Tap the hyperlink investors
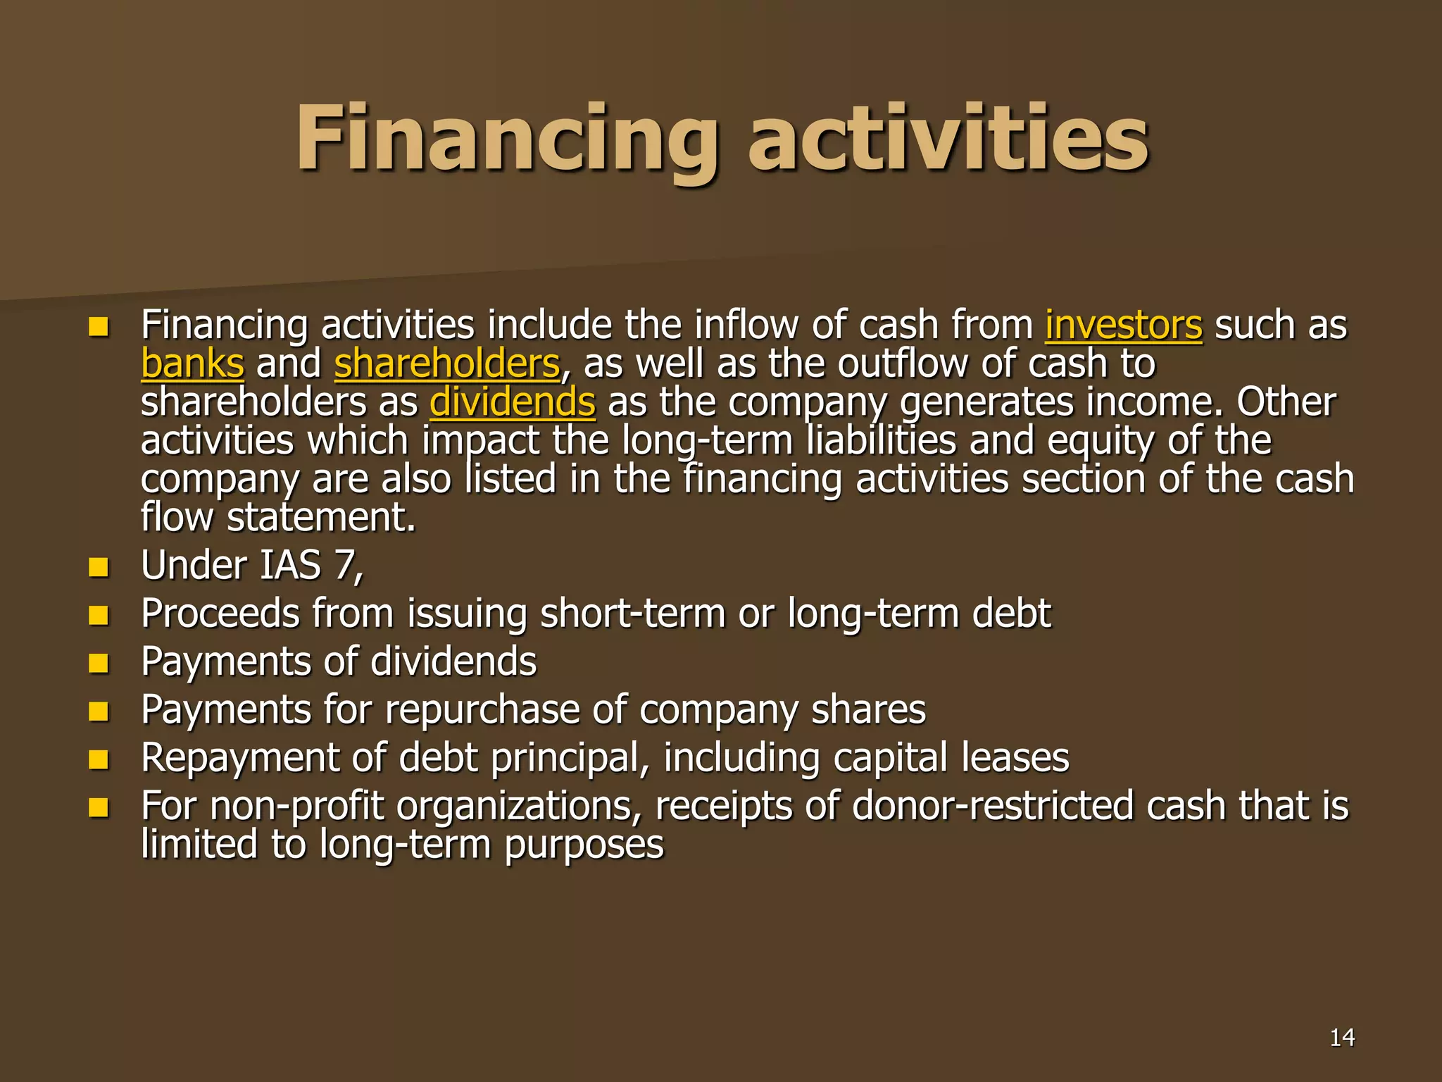pyautogui.click(x=1123, y=326)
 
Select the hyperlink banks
pyautogui.click(x=192, y=364)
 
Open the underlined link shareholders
pyautogui.click(x=447, y=364)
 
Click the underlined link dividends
pyautogui.click(x=513, y=402)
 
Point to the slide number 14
pyautogui.click(x=1342, y=1038)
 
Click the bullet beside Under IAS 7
pyautogui.click(x=99, y=567)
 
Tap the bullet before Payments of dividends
pyautogui.click(x=99, y=664)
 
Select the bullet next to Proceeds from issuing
pyautogui.click(x=99, y=615)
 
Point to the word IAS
pyautogui.click(x=290, y=566)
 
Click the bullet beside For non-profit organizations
pyautogui.click(x=99, y=808)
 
